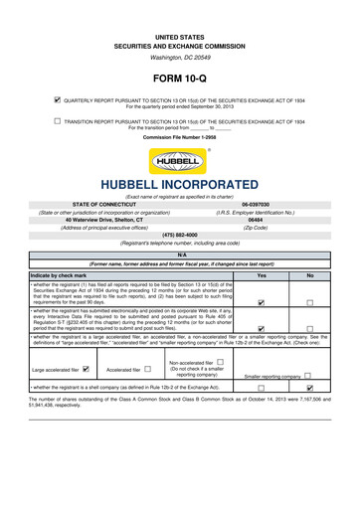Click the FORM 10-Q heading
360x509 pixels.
179,77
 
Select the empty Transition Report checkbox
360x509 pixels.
57,119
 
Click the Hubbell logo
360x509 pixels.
179,161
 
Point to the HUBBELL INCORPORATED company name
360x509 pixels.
179,186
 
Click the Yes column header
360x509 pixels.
261,274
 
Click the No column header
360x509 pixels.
310,274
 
